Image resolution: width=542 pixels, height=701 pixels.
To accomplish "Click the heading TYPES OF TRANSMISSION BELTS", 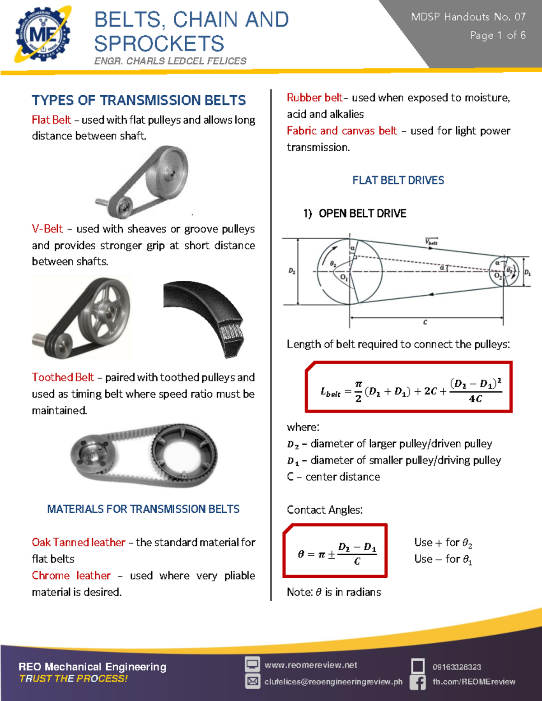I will (x=139, y=100).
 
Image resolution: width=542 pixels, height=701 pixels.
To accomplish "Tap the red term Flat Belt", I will (x=51, y=120).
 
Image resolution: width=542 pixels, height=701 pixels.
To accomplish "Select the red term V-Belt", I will (x=47, y=229).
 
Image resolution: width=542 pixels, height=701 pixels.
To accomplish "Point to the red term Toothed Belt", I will (x=63, y=377).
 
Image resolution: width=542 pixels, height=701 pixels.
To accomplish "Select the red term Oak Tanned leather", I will (x=79, y=543).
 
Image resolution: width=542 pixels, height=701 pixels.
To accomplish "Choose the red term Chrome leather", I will (x=71, y=576).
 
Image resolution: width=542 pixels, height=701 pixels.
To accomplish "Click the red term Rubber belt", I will (x=314, y=98).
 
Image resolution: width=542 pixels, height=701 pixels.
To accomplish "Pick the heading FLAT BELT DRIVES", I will (x=398, y=181).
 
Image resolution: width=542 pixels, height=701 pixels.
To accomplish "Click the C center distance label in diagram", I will (x=425, y=322).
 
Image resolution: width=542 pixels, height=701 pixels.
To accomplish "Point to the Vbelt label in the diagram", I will (x=431, y=242).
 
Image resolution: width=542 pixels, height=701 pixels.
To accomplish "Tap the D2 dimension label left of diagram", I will (x=292, y=271).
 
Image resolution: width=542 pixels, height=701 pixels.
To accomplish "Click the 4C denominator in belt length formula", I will (x=475, y=399).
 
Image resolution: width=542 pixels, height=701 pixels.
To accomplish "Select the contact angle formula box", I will (x=335, y=551).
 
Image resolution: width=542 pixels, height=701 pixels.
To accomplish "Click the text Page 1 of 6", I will (x=497, y=35).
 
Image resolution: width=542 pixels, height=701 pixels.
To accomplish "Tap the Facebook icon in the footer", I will (x=418, y=682).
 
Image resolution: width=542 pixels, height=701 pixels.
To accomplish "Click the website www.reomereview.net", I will (x=311, y=665).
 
